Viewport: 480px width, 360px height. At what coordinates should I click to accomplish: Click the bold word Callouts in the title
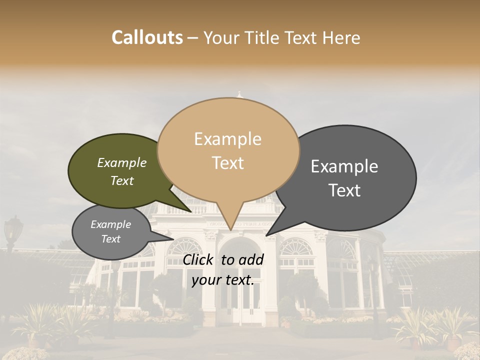click(x=147, y=37)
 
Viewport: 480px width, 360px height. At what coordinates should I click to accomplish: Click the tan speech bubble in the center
click(x=228, y=150)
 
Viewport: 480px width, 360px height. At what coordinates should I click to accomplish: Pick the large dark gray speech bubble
click(x=350, y=177)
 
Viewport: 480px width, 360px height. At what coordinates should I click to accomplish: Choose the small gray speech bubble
click(x=111, y=231)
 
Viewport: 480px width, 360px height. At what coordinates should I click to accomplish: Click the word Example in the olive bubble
click(x=122, y=163)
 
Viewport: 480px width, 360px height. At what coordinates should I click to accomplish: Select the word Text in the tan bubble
click(x=228, y=163)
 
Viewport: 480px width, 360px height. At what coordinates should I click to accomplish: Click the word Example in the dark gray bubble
click(x=344, y=166)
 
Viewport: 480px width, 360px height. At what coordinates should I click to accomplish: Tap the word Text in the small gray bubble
click(x=111, y=239)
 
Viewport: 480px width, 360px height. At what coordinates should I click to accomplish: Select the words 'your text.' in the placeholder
click(x=223, y=280)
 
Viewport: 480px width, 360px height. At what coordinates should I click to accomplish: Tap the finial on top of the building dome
click(x=240, y=93)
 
